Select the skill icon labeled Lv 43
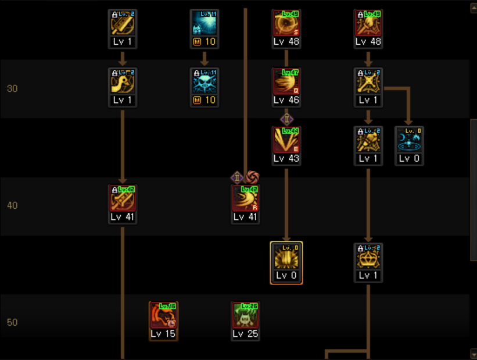click(x=286, y=141)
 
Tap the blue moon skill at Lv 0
click(x=409, y=141)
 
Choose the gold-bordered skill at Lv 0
click(x=286, y=258)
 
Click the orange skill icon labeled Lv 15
click(x=163, y=316)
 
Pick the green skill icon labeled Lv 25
click(x=245, y=316)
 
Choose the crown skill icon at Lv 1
click(x=368, y=258)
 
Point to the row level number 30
click(x=12, y=89)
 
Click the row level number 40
click(x=12, y=206)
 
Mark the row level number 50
click(x=12, y=323)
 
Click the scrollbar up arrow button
click(x=473, y=8)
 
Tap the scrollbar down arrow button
click(x=473, y=353)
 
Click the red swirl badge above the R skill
click(x=252, y=177)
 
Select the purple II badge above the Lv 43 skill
click(x=286, y=119)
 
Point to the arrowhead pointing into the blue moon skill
click(x=409, y=122)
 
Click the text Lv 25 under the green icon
click(x=245, y=334)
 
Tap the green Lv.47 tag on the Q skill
click(x=290, y=73)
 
